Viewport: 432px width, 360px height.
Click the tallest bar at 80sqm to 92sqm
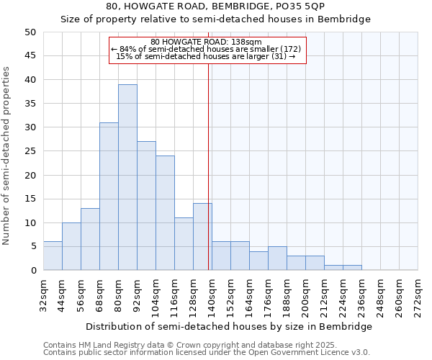pyautogui.click(x=127, y=177)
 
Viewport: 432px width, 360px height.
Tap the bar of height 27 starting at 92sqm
pyautogui.click(x=146, y=206)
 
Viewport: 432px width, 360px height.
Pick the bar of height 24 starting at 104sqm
pyautogui.click(x=165, y=213)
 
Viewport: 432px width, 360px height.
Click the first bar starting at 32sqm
pyautogui.click(x=53, y=256)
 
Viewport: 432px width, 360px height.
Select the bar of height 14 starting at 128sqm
pyautogui.click(x=202, y=237)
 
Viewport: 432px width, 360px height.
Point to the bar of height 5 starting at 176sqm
pyautogui.click(x=277, y=258)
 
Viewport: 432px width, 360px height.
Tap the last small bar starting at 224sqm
pyautogui.click(x=352, y=268)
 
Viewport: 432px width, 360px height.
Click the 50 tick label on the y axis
pyautogui.click(x=30, y=32)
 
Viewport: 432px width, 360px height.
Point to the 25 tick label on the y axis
pyautogui.click(x=30, y=151)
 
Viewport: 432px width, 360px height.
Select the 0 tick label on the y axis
pyautogui.click(x=32, y=271)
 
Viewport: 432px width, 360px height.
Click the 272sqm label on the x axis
pyautogui.click(x=418, y=295)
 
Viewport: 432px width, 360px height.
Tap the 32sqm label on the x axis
pyautogui.click(x=43, y=295)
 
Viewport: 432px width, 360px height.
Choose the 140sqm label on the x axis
pyautogui.click(x=212, y=295)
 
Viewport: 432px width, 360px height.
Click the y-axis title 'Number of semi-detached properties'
pyautogui.click(x=7, y=156)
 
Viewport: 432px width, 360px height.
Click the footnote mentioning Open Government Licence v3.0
pyautogui.click(x=207, y=353)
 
